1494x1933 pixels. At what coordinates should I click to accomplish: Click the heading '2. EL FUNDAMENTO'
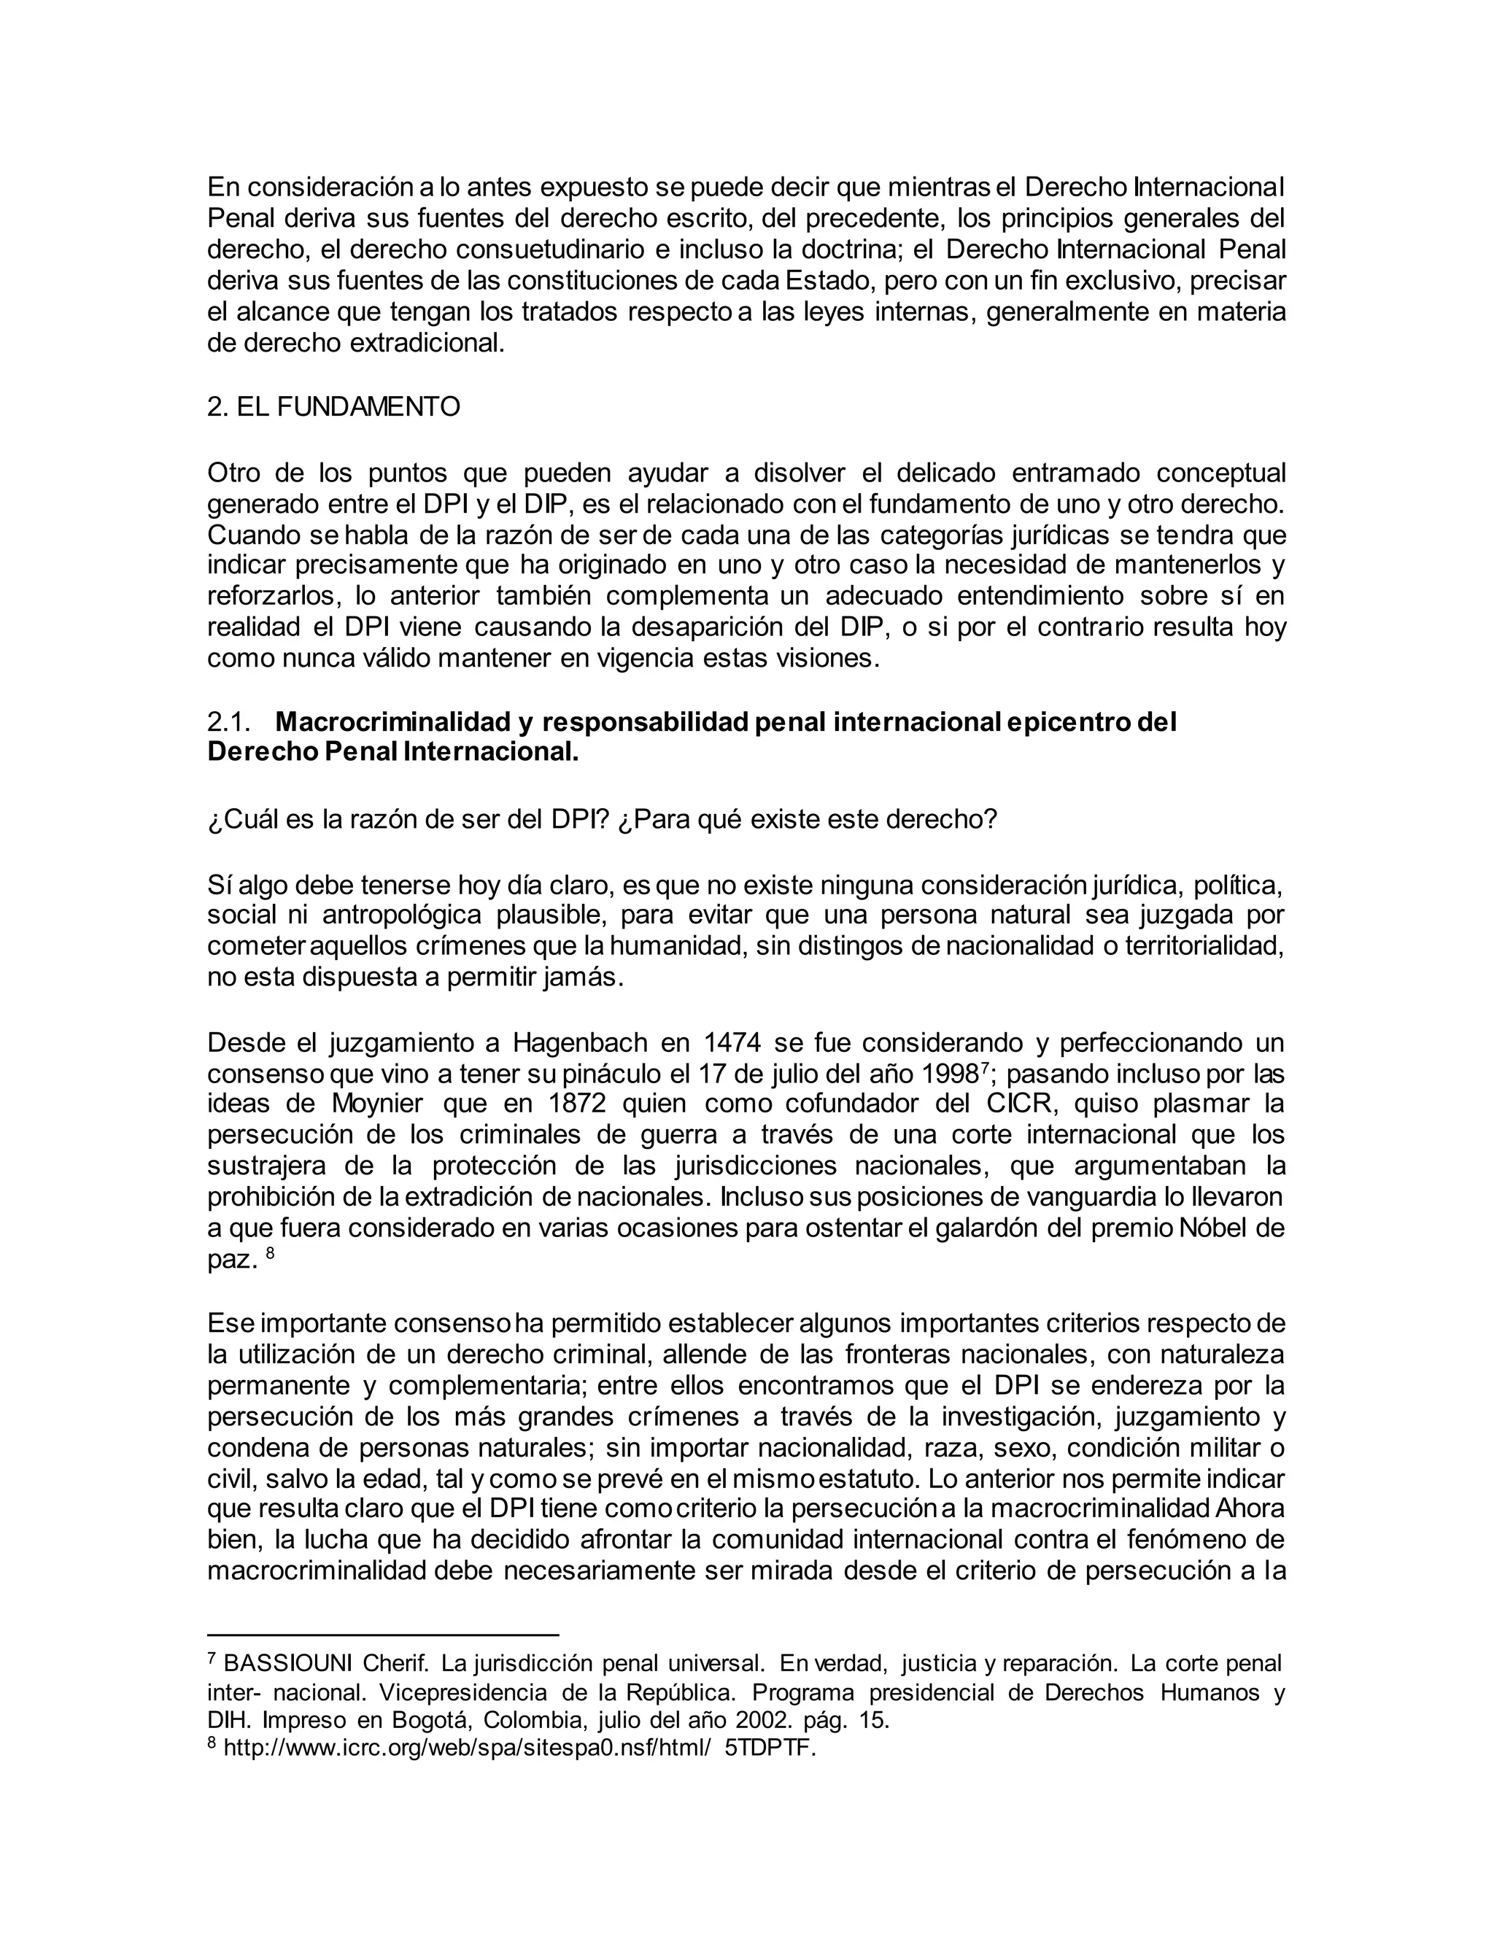point(333,407)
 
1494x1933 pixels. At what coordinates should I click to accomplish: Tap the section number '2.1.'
point(228,722)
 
